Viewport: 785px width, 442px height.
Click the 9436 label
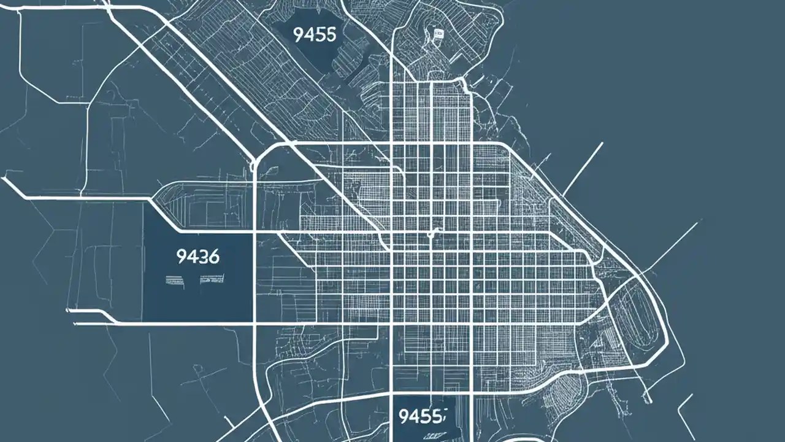[197, 256]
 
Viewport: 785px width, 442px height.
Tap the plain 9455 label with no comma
[315, 35]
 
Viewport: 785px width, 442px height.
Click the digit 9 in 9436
[181, 256]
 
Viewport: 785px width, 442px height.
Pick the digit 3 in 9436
[202, 256]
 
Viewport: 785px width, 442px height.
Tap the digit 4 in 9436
[191, 256]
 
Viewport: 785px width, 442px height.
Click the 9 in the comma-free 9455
[299, 35]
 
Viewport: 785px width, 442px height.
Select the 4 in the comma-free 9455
[309, 35]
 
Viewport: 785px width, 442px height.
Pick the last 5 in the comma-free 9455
[331, 35]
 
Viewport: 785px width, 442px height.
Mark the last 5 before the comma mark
[436, 417]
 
